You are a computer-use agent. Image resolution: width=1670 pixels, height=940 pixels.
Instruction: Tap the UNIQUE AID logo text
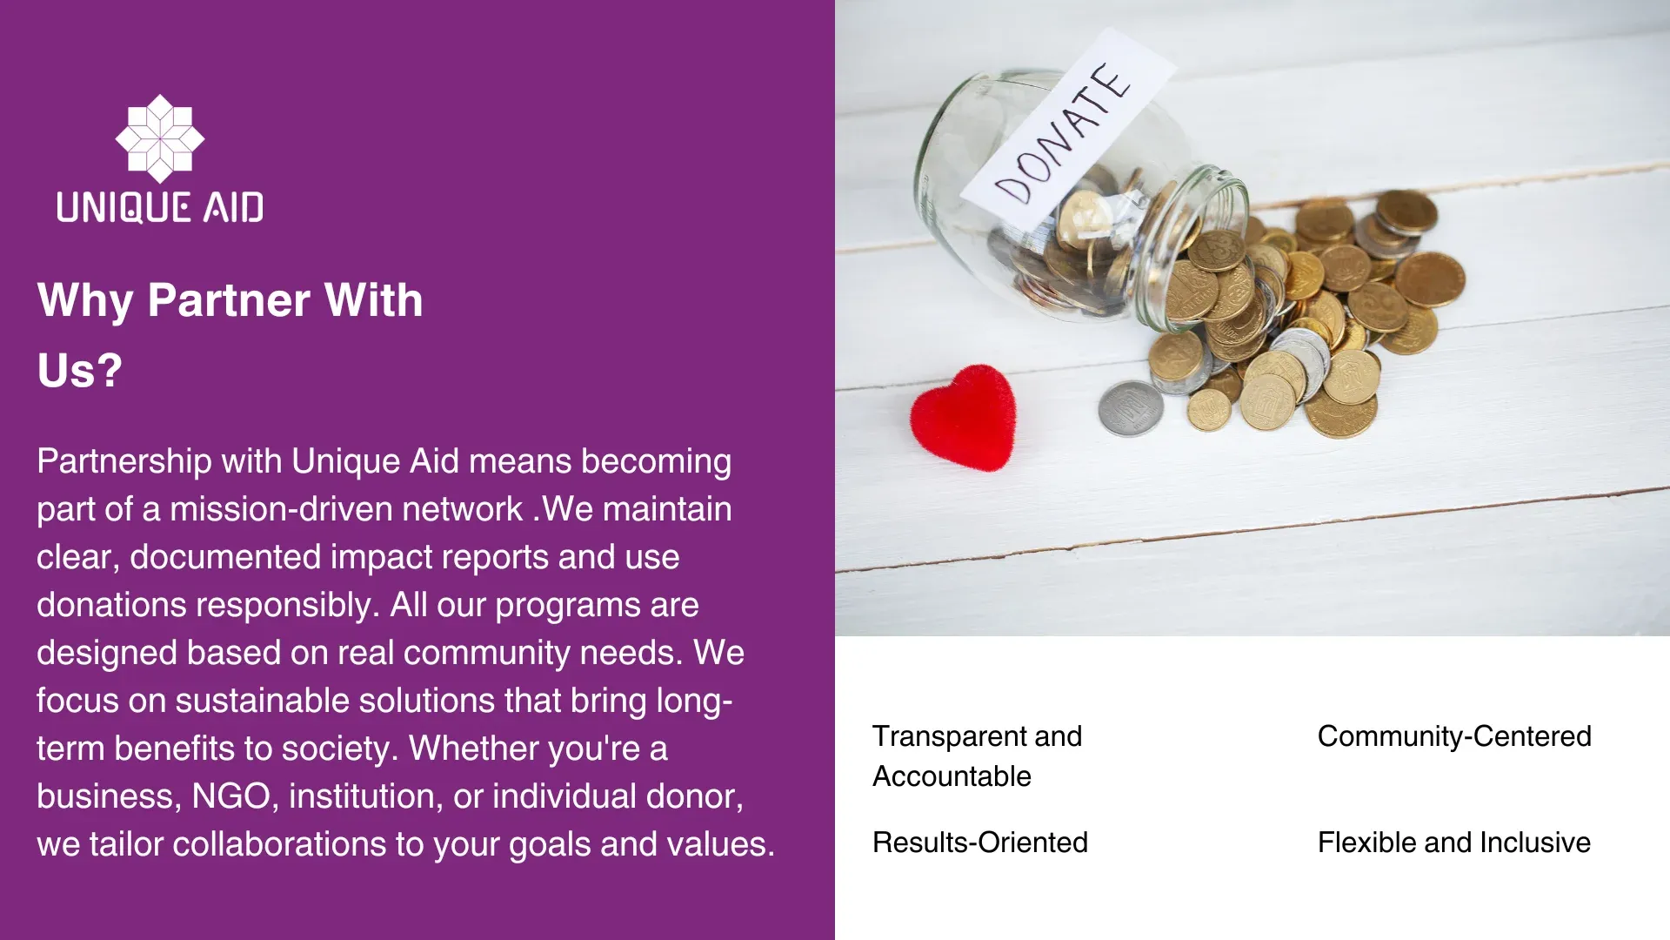pos(160,208)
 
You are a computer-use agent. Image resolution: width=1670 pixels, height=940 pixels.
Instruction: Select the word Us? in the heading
pos(79,371)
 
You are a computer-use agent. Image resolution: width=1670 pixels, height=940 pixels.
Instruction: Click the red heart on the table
pos(964,417)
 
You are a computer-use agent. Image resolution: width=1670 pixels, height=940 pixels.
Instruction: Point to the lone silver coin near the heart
pos(1131,407)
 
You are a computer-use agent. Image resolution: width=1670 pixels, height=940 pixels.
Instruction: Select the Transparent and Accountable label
pos(978,756)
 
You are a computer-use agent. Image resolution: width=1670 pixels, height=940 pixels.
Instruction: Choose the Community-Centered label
pos(1454,736)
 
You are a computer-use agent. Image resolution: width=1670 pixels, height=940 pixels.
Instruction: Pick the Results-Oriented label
pos(980,843)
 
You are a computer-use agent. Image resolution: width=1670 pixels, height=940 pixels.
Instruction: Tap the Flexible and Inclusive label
pos(1454,843)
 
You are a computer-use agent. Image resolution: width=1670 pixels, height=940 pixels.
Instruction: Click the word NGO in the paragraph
pos(230,796)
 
